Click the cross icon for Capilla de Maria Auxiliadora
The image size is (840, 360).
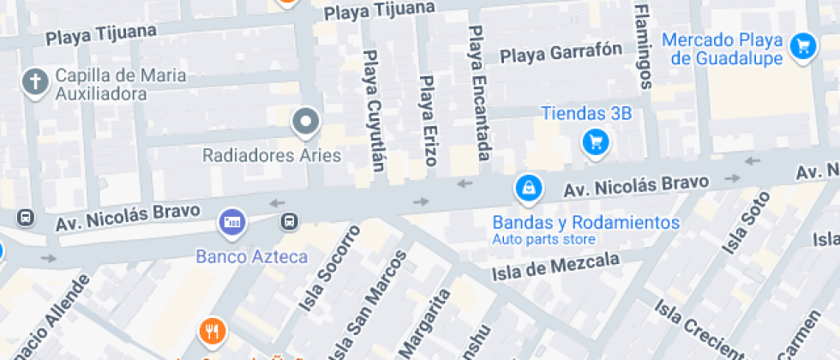coord(34,83)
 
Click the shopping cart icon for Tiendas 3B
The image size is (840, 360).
coord(596,141)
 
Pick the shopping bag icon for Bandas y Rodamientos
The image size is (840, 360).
coord(528,187)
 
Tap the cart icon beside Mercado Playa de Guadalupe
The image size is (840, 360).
coord(803,45)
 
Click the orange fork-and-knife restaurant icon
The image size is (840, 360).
coord(211,331)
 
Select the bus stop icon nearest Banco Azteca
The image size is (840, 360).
coord(290,222)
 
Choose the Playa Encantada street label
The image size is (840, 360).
coord(478,93)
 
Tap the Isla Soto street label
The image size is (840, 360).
coord(740,222)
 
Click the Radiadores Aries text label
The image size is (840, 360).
coord(271,156)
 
